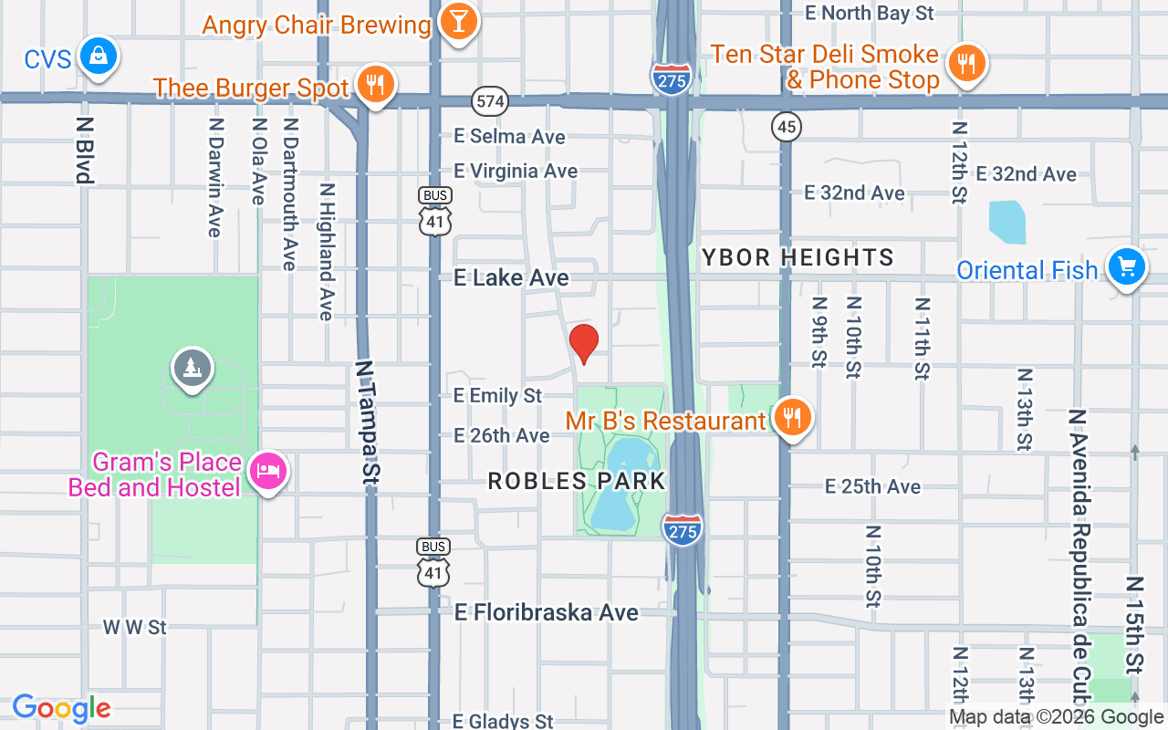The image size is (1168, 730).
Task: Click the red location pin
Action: point(584,342)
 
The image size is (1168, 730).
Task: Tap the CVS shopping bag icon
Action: point(97,57)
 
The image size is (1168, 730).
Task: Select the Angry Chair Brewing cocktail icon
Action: point(458,22)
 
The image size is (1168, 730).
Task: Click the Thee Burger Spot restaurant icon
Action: point(374,85)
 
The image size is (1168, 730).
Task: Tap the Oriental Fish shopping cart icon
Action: point(1127,267)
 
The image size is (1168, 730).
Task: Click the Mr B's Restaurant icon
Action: point(793,418)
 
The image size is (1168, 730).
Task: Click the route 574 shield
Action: point(490,100)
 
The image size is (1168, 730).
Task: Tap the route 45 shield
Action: point(786,126)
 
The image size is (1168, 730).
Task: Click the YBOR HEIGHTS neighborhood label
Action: point(798,257)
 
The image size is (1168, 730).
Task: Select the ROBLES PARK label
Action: point(577,481)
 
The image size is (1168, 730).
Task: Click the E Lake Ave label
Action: point(511,277)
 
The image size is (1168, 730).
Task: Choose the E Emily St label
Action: point(498,395)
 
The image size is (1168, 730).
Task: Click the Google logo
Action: point(62,708)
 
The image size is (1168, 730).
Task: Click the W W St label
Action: point(134,627)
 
